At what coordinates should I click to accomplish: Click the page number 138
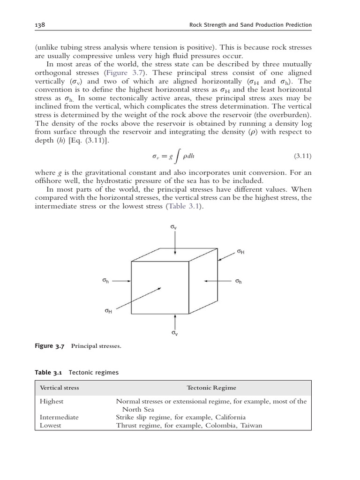click(40, 25)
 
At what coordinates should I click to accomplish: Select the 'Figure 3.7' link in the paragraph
click(121, 74)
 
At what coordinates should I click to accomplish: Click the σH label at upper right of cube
click(240, 252)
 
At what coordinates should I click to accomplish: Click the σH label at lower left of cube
click(108, 310)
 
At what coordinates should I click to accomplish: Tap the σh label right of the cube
click(239, 281)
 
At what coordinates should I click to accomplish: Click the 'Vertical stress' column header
click(60, 388)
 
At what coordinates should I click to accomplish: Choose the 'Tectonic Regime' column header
click(211, 388)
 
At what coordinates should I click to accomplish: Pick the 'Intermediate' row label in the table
click(59, 417)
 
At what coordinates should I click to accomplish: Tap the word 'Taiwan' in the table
click(251, 425)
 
